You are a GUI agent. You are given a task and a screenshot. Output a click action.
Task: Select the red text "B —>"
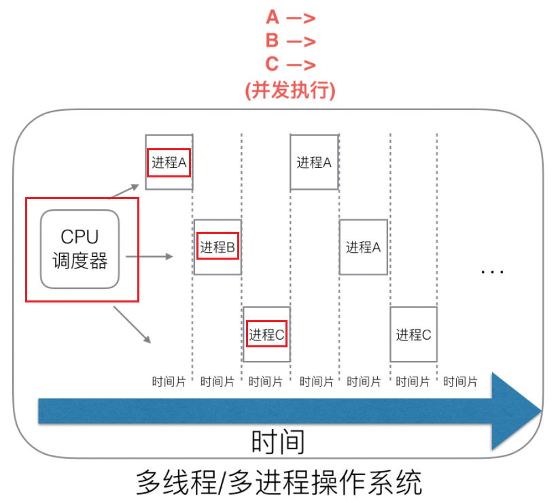(290, 41)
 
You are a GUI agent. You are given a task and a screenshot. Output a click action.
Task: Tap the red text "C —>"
(290, 64)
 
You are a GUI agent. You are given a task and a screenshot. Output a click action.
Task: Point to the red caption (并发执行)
(290, 90)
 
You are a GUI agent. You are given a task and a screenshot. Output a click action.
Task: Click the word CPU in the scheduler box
(80, 237)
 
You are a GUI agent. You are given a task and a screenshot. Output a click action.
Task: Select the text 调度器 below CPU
(80, 261)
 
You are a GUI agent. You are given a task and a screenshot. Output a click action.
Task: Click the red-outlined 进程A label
(169, 162)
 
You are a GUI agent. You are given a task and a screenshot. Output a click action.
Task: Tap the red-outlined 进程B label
(217, 247)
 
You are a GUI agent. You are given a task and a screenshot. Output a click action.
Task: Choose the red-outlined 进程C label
(266, 334)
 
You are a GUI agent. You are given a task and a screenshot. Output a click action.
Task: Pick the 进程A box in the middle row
(363, 247)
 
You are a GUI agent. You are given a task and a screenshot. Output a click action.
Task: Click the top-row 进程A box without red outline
(314, 162)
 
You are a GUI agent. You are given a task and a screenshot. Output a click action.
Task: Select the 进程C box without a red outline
(413, 334)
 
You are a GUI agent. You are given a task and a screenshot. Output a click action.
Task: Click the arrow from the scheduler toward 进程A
(126, 191)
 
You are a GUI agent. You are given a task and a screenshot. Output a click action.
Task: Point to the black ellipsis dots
(491, 271)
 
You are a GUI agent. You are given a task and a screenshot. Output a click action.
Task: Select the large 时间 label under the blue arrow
(278, 443)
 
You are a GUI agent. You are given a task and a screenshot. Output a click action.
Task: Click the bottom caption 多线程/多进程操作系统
(279, 483)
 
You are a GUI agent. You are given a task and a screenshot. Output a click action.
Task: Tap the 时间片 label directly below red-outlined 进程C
(266, 381)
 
